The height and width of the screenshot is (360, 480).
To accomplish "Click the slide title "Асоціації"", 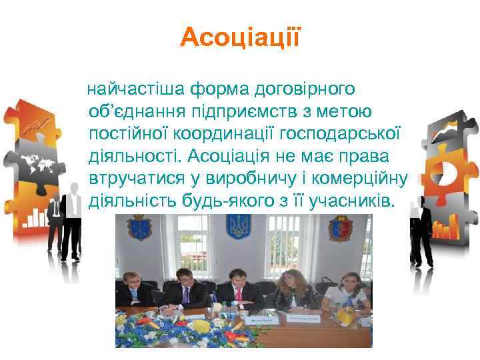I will (240, 37).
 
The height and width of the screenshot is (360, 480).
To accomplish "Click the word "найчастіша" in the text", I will (138, 88).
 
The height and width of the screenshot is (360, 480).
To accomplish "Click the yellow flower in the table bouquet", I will (199, 327).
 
